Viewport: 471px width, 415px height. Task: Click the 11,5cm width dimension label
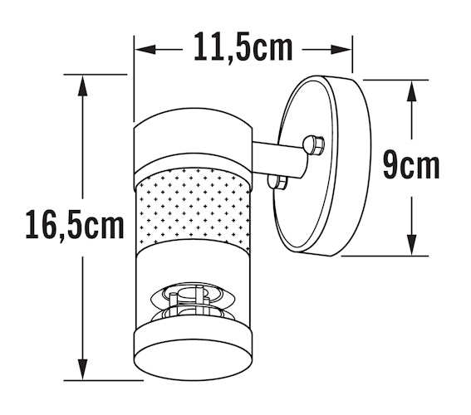[x=243, y=47]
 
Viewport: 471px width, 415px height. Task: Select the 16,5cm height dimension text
[x=75, y=225]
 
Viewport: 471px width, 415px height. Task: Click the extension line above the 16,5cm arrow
[x=91, y=75]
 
